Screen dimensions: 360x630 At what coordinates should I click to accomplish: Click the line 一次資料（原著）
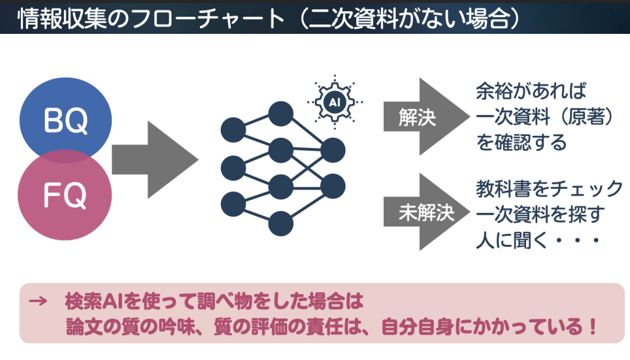click(x=545, y=118)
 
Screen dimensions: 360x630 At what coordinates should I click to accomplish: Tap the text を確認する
click(x=521, y=143)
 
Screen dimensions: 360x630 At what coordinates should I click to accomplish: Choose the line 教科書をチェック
click(x=549, y=188)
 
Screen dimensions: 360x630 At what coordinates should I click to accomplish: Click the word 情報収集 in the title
click(x=56, y=17)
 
